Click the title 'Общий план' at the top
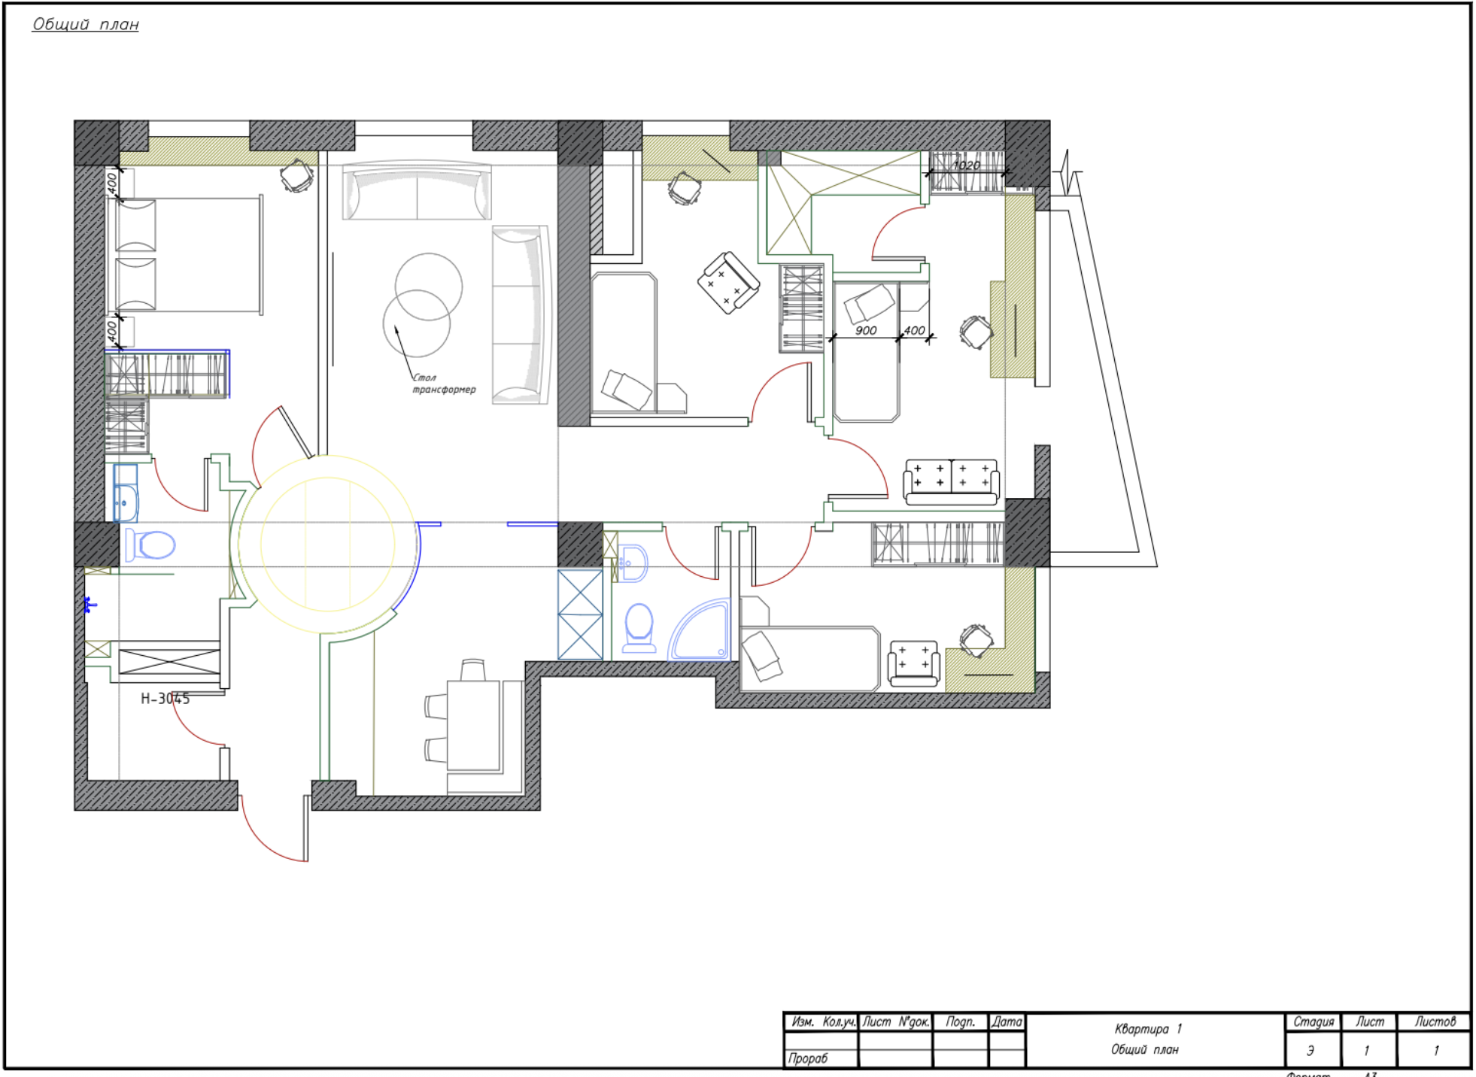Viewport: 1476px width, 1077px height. coord(85,24)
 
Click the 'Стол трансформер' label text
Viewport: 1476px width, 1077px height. coord(442,384)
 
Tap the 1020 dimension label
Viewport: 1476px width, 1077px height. coord(966,165)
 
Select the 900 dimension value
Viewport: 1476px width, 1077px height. coord(865,330)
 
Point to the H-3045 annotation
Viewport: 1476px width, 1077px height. coord(165,699)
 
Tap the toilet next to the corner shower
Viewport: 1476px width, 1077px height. coord(639,627)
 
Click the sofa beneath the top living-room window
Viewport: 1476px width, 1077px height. coord(416,192)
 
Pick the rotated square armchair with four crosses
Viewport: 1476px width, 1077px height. coord(727,283)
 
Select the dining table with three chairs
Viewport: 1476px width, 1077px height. coord(472,724)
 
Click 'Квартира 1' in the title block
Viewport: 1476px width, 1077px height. coord(1147,1029)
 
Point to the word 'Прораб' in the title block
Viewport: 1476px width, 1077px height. coord(808,1058)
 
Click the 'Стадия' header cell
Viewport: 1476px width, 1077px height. coord(1313,1021)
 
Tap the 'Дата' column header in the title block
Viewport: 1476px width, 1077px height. coord(1007,1021)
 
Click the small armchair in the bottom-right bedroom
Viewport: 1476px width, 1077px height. coord(913,663)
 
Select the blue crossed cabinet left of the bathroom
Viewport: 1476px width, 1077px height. coord(580,614)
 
